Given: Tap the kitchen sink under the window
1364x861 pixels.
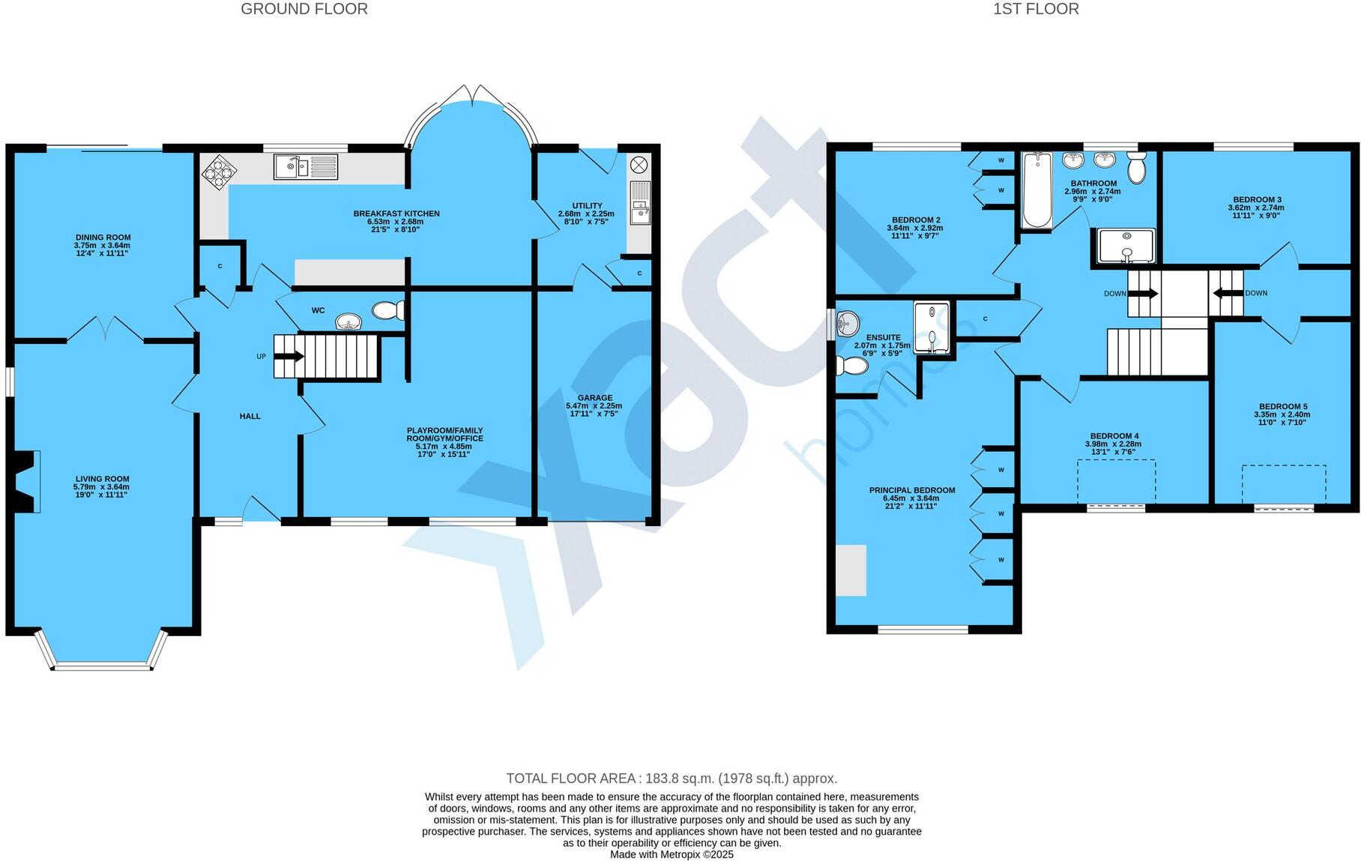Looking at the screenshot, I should click(x=305, y=166).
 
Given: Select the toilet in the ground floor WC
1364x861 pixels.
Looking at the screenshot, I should click(x=389, y=310).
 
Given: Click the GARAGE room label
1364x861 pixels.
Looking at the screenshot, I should click(x=594, y=398).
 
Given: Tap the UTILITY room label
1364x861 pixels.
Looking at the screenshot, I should click(x=587, y=205).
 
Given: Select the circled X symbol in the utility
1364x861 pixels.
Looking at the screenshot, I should click(x=639, y=165).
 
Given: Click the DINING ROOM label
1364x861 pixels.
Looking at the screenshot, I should click(x=103, y=238).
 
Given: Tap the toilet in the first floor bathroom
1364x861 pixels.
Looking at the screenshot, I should click(x=1136, y=168).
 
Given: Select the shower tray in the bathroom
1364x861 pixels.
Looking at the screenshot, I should click(x=1126, y=247).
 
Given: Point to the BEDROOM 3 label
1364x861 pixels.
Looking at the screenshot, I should click(x=1257, y=199).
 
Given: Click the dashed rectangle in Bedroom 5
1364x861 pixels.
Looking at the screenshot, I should click(x=1283, y=484).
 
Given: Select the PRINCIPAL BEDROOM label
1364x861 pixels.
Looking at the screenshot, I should click(x=911, y=490).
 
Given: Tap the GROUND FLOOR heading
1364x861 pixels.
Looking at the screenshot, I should click(x=304, y=9).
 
